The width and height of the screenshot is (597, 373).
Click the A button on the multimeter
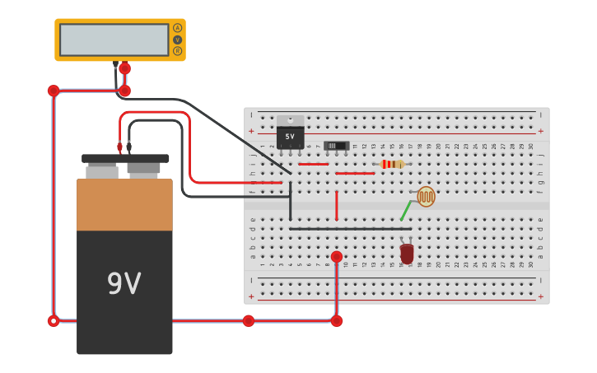[177, 28]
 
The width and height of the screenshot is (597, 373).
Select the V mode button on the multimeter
[177, 40]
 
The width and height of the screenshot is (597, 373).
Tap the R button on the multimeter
[177, 51]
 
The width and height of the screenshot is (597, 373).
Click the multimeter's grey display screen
[114, 40]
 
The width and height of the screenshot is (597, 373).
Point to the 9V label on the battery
[124, 284]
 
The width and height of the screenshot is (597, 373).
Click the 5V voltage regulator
[290, 133]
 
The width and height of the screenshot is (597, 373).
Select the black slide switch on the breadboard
[336, 146]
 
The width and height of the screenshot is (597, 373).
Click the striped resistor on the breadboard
[392, 164]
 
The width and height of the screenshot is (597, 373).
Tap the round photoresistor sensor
[426, 196]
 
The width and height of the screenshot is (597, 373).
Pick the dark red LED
[407, 253]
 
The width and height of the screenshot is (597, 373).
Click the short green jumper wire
[405, 211]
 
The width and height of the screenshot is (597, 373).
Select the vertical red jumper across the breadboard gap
[336, 206]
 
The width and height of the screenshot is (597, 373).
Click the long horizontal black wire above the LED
[350, 228]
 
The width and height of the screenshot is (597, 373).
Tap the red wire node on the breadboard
[336, 257]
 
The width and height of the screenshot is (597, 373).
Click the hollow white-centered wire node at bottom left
[54, 321]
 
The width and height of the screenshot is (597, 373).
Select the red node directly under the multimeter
[124, 68]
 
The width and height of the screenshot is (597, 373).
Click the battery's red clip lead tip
[119, 147]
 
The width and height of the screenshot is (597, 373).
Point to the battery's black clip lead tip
[128, 147]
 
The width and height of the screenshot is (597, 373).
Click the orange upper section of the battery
[124, 204]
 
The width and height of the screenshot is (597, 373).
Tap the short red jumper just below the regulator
[313, 164]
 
